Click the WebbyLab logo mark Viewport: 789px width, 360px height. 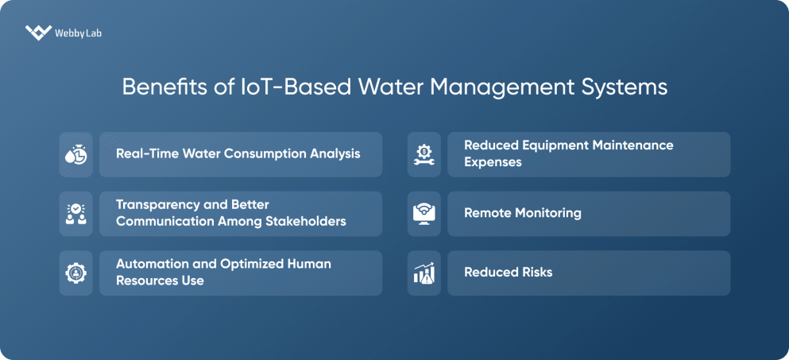37,33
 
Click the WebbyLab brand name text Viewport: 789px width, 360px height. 78,33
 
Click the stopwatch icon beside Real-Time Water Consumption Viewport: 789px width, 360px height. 75,154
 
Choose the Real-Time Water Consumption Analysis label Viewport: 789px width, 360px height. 238,153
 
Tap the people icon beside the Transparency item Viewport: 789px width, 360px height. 75,213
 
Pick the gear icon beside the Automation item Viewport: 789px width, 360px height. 75,273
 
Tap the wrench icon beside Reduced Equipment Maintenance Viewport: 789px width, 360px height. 424,154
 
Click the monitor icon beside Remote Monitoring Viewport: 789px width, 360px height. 424,213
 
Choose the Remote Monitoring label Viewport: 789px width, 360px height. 522,213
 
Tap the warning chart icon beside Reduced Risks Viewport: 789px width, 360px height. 424,273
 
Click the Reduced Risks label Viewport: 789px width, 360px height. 508,273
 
